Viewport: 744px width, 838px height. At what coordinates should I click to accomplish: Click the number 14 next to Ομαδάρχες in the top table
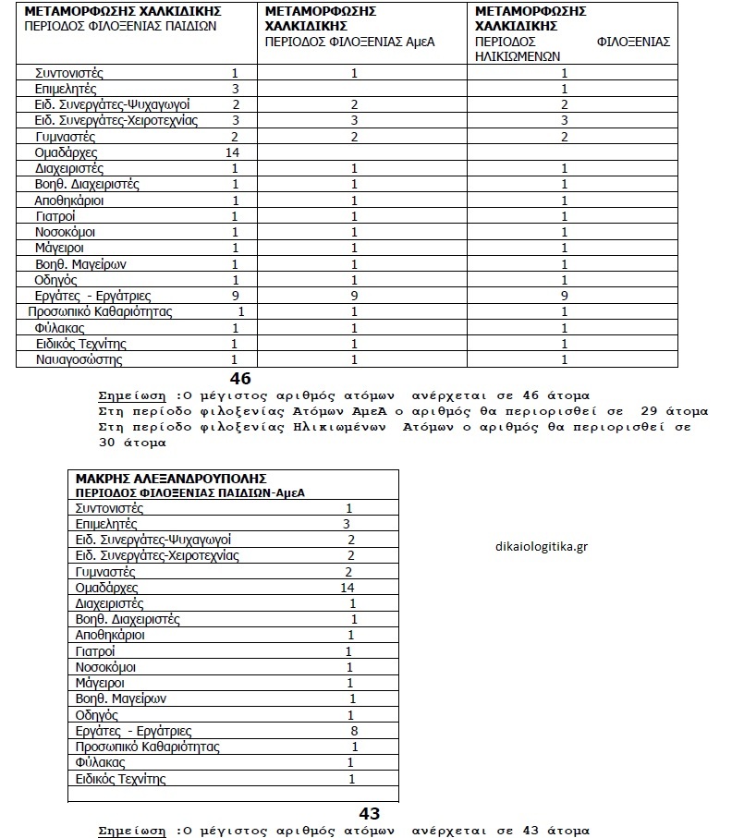pos(231,152)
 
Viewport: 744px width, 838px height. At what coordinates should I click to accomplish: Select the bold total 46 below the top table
pos(240,378)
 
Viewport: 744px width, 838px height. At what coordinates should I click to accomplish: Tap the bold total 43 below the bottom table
pos(370,813)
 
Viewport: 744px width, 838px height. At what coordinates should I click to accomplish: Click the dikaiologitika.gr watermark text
pos(543,545)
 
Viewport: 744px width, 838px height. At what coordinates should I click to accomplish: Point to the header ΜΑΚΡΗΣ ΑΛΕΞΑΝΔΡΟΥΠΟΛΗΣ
pos(171,479)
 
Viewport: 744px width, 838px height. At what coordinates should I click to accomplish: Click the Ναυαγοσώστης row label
pos(79,359)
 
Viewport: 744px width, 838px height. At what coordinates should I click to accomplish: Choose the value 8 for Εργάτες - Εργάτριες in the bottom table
pos(354,730)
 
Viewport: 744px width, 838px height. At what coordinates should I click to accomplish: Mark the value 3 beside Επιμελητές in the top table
pos(236,88)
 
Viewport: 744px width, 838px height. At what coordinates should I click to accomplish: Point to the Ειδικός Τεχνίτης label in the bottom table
pos(121,779)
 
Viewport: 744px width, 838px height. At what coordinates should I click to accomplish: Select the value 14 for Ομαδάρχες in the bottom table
pos(348,588)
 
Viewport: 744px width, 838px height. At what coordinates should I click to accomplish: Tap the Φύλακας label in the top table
pos(60,328)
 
